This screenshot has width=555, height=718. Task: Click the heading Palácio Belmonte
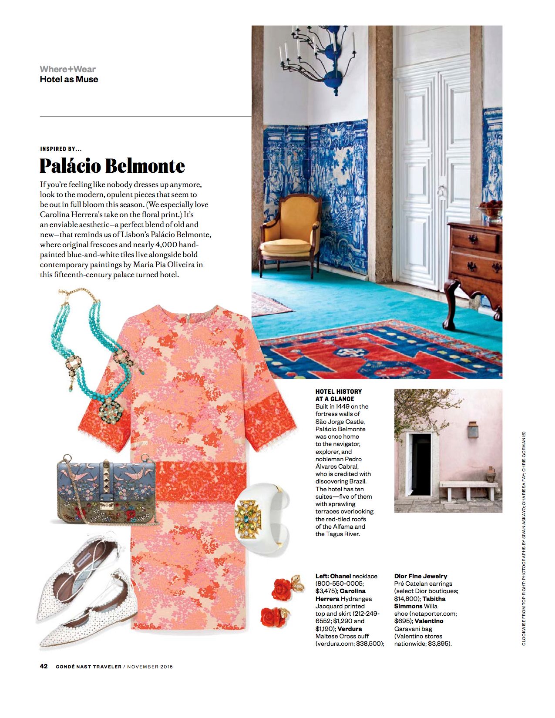click(112, 166)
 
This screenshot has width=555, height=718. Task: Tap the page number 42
click(44, 666)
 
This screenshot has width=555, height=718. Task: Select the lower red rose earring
click(274, 616)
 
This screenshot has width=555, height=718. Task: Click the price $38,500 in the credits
click(370, 644)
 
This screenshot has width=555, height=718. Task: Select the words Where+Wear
click(67, 69)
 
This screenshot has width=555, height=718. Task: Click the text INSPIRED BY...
click(61, 149)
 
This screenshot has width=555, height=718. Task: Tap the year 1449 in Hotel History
click(343, 406)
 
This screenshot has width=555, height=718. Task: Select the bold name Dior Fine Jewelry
click(420, 576)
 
